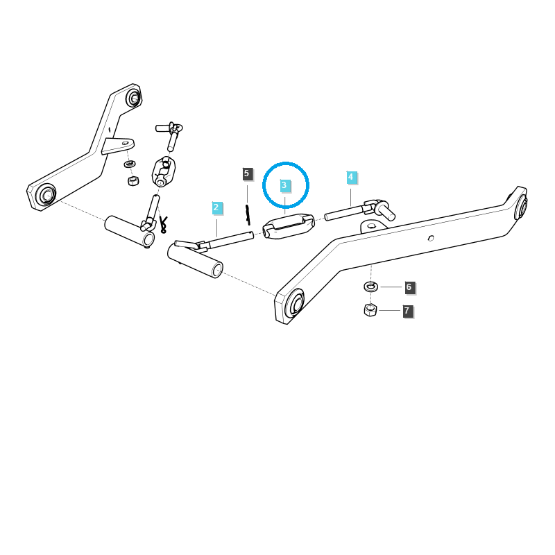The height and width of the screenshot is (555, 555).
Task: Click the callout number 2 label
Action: click(216, 207)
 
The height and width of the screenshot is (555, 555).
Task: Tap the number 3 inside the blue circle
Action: click(284, 185)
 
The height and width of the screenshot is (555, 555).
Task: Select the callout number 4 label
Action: click(351, 177)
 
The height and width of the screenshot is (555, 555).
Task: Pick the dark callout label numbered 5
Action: click(247, 173)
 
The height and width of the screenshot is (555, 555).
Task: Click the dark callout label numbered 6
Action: click(409, 287)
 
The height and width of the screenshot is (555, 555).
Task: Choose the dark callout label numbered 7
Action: click(407, 311)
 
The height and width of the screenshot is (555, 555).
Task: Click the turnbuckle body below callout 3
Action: click(288, 226)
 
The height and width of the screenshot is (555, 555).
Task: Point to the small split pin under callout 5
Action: click(248, 214)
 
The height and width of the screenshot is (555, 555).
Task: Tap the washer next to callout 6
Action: click(370, 287)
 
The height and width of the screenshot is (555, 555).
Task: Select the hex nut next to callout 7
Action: click(370, 309)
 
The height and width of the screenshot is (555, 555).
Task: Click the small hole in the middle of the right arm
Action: click(431, 238)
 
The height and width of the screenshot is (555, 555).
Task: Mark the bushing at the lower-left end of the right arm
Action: click(295, 304)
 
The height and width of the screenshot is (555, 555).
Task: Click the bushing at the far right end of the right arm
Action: click(522, 206)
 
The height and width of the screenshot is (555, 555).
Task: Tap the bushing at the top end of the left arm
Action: click(133, 98)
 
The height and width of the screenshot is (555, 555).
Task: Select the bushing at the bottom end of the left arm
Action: click(46, 195)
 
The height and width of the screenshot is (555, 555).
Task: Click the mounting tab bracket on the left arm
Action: click(118, 145)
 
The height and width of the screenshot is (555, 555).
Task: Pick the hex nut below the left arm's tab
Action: click(133, 180)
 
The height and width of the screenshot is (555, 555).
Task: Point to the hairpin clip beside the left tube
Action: click(163, 224)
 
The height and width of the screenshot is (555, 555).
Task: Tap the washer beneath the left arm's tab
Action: click(130, 164)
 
